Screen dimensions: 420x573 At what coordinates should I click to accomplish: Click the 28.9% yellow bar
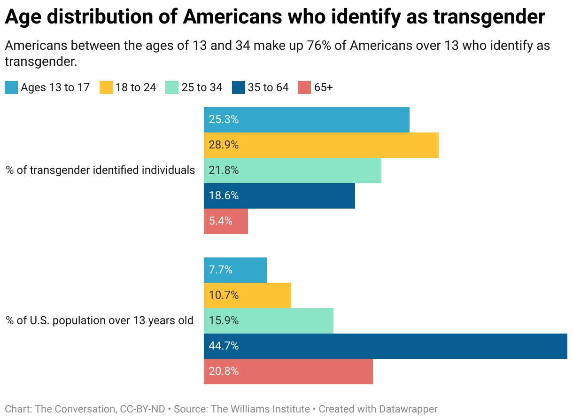point(321,145)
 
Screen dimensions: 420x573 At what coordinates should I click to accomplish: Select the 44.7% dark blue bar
point(385,346)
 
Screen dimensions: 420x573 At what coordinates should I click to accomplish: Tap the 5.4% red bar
point(225,221)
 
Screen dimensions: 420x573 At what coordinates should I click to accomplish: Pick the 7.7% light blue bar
point(235,270)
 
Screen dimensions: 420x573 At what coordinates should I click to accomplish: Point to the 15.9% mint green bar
point(268,321)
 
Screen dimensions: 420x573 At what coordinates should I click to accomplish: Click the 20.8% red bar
point(288,372)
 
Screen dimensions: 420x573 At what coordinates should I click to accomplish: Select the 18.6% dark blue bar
point(279,196)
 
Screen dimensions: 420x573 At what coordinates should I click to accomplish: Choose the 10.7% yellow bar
point(247,296)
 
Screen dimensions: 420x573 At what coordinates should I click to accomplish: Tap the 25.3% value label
point(224,120)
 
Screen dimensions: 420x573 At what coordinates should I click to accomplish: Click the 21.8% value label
point(224,171)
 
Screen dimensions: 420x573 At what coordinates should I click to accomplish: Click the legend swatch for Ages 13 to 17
point(11,88)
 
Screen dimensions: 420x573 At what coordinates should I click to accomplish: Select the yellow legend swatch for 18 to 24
point(106,88)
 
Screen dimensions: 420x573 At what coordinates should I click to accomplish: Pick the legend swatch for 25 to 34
point(172,88)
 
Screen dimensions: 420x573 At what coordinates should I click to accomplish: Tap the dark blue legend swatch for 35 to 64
point(239,88)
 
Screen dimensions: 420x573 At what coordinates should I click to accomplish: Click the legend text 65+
point(323,88)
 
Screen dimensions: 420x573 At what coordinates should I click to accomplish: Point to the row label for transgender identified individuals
point(101,170)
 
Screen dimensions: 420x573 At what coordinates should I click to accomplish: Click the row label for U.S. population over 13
point(100,321)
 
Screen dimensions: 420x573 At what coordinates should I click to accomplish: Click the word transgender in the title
point(488,17)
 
